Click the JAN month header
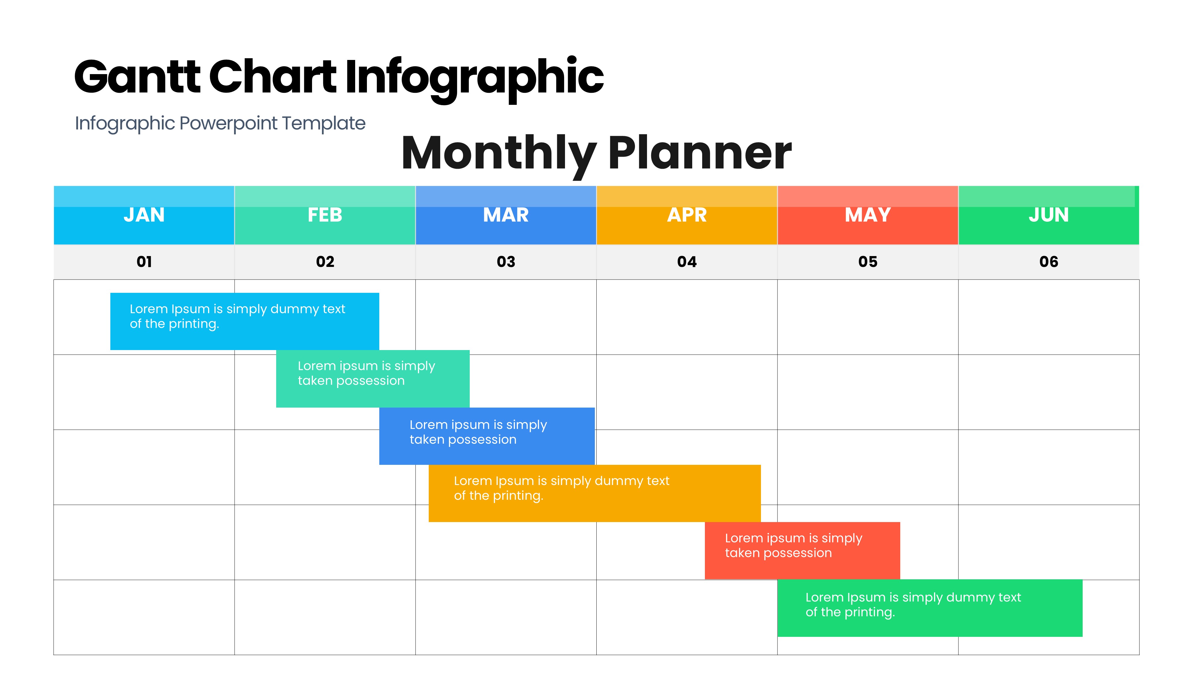tap(144, 215)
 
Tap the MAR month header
tap(506, 215)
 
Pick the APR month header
tap(686, 215)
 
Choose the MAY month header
tap(868, 215)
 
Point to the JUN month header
tap(1049, 215)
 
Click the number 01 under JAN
tap(144, 262)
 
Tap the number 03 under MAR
tap(506, 262)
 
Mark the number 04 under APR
tap(686, 262)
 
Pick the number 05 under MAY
tap(868, 262)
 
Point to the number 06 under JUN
tap(1049, 262)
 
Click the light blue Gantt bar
tap(245, 321)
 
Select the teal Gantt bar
tap(373, 379)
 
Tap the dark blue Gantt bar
tap(487, 436)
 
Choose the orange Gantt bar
tap(595, 493)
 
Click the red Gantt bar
tap(802, 551)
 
